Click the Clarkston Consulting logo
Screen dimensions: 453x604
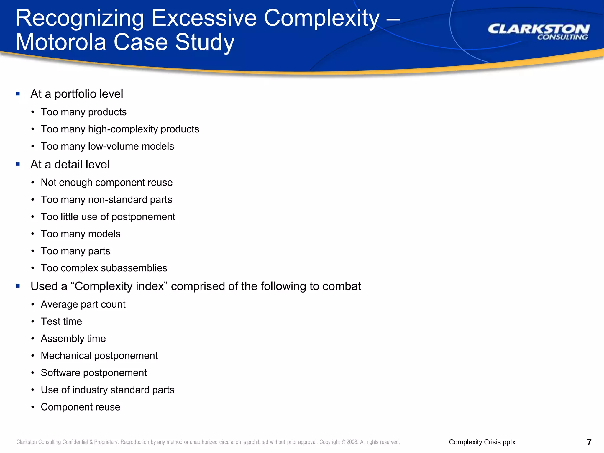click(539, 32)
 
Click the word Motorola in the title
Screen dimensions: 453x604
click(61, 42)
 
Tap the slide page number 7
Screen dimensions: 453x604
click(589, 442)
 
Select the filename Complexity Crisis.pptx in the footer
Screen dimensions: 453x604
click(482, 442)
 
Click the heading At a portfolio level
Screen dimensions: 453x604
click(77, 94)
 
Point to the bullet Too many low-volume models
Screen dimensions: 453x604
click(107, 146)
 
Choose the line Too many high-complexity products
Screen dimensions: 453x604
click(120, 129)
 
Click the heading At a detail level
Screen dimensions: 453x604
click(70, 165)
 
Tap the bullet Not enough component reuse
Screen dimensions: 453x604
click(106, 183)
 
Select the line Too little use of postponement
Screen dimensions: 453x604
click(108, 217)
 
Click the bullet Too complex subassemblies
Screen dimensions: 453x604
click(104, 268)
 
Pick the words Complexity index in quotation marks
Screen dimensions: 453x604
click(119, 286)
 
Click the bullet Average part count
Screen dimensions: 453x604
click(83, 304)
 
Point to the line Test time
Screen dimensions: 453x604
click(61, 321)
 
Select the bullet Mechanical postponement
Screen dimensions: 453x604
click(99, 356)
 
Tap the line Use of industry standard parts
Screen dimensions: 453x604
click(108, 390)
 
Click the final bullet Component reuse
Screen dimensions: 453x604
click(81, 407)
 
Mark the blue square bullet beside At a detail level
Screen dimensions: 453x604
click(18, 164)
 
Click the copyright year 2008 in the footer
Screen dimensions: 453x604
click(352, 442)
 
